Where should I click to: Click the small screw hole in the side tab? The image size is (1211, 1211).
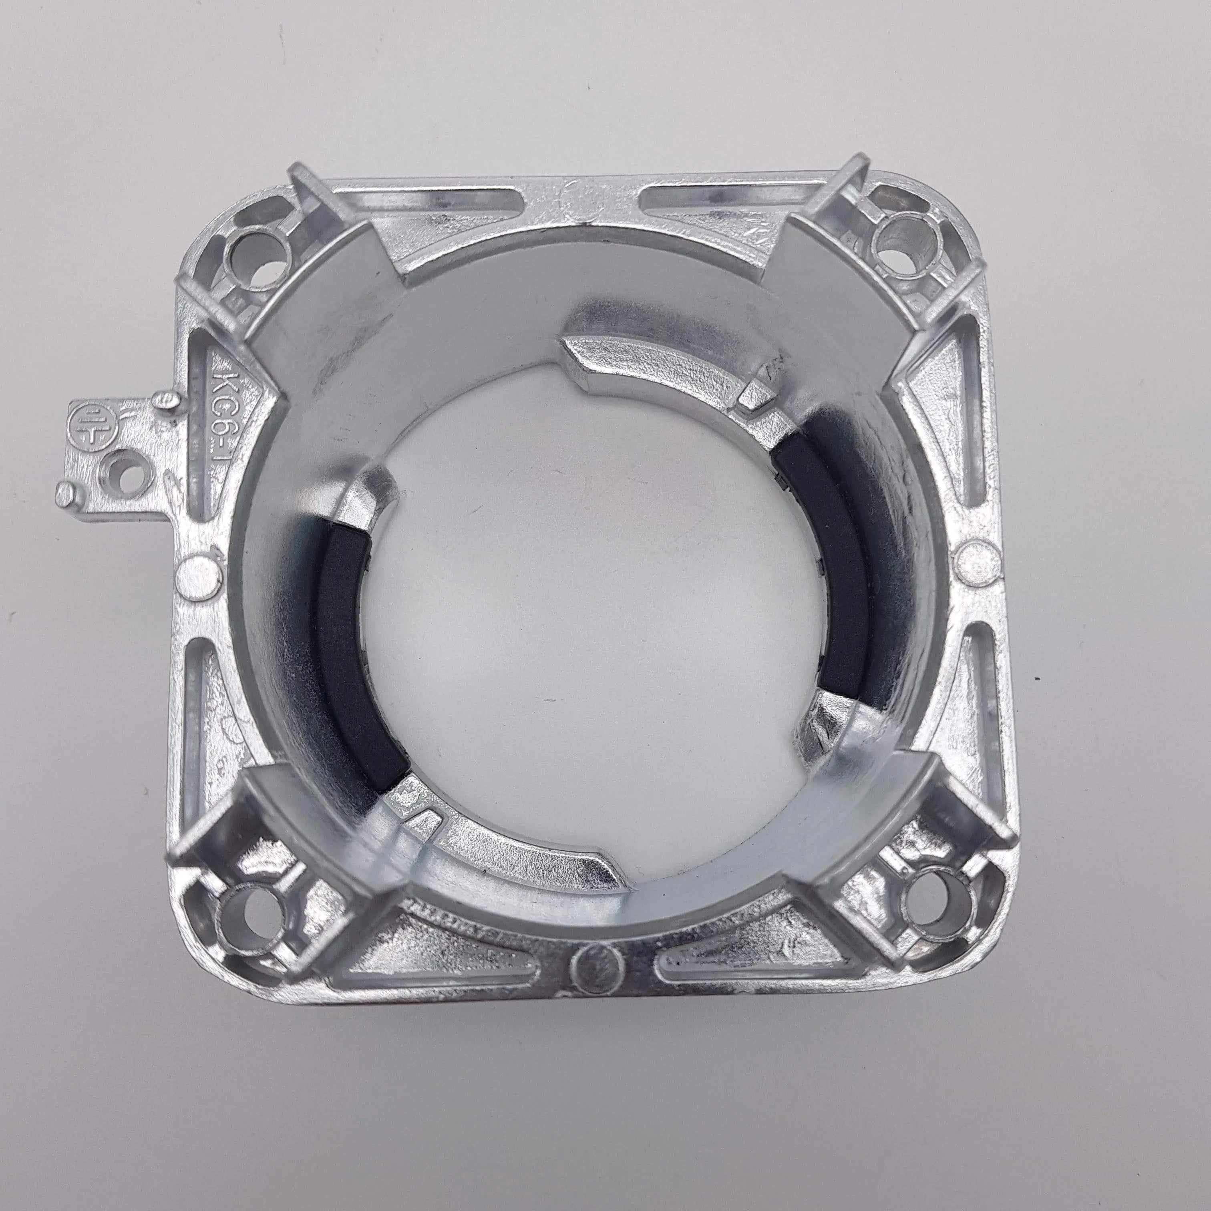[122, 467]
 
